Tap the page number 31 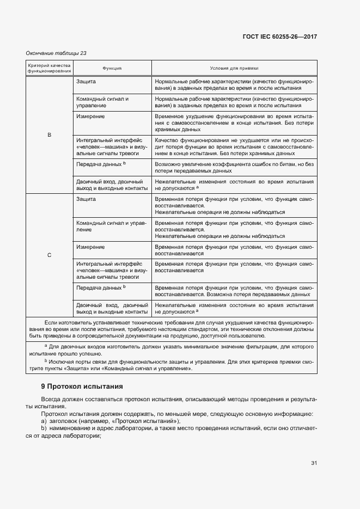click(314, 463)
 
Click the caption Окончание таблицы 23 click(56, 53)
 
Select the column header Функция click(112, 69)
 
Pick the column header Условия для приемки click(234, 69)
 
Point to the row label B click(50, 134)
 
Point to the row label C click(50, 255)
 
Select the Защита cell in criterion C click(86, 199)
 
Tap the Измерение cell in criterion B click(90, 116)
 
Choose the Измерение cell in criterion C click(90, 247)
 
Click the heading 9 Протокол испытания click(82, 386)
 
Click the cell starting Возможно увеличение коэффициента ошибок click(234, 167)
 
